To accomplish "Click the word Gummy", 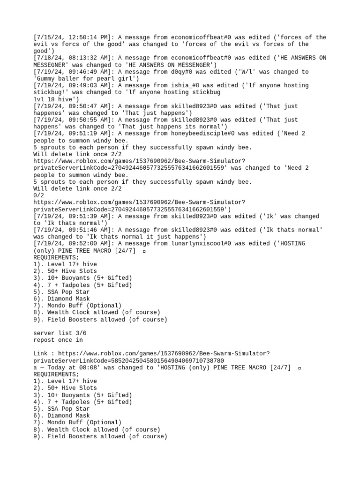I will point(45,79).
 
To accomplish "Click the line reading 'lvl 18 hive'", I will point(52,99).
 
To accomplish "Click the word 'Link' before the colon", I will point(40,353).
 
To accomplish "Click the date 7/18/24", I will point(47,58).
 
